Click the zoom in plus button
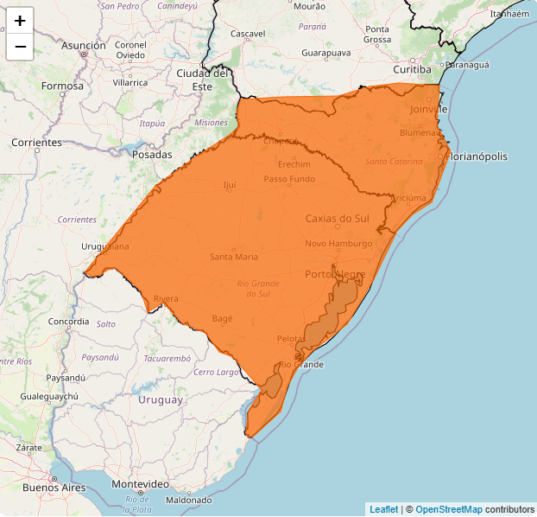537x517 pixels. (x=20, y=21)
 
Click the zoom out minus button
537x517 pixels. (x=20, y=47)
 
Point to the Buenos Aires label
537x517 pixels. (x=54, y=488)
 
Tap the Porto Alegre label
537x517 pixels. (x=335, y=274)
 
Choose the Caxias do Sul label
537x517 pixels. (x=337, y=219)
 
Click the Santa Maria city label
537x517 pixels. (x=233, y=257)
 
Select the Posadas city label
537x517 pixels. (x=152, y=155)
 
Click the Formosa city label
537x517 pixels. (x=62, y=86)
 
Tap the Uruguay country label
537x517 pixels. (x=161, y=399)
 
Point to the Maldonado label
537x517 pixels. (x=188, y=501)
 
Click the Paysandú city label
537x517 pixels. (x=66, y=378)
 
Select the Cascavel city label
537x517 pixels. (x=248, y=34)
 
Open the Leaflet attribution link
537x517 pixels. (x=383, y=509)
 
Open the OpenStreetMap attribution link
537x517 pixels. (x=448, y=509)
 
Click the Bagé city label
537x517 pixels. (x=223, y=318)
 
